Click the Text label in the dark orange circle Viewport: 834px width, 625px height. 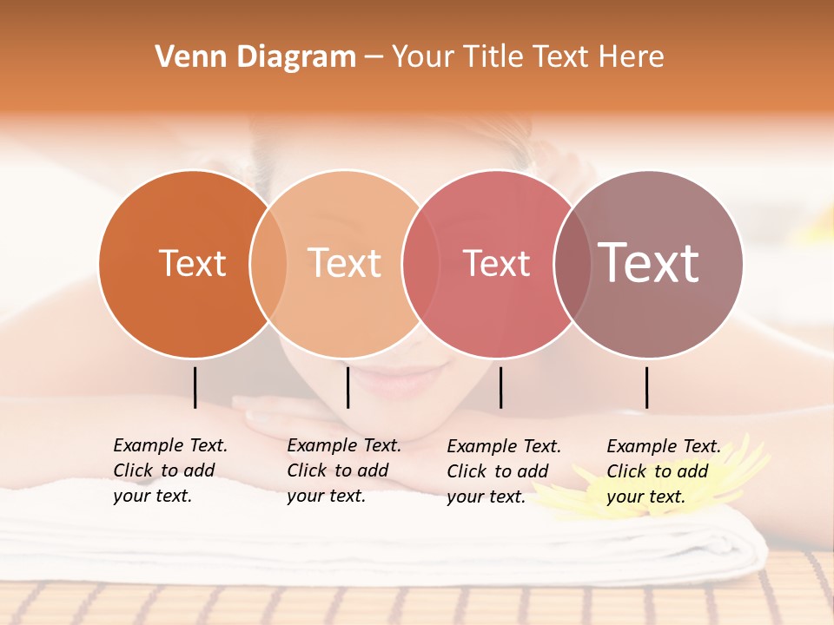tap(192, 263)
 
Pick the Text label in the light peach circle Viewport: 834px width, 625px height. tap(345, 263)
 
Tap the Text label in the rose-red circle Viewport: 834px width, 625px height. tap(496, 263)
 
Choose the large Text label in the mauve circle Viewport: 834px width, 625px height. tap(649, 263)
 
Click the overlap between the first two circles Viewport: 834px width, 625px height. tap(268, 264)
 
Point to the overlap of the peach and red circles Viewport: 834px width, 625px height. tap(420, 264)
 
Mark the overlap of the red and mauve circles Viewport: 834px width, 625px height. tap(572, 264)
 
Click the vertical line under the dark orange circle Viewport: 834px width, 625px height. tap(195, 387)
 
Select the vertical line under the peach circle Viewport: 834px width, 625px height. tap(347, 387)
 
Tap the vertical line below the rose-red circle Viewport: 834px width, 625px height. tap(500, 387)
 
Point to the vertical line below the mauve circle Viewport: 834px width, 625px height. tap(646, 387)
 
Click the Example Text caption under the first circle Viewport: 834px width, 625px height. tap(169, 470)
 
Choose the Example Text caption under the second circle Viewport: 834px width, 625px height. tap(343, 470)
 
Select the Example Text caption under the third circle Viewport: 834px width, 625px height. tap(503, 471)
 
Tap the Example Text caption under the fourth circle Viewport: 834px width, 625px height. tap(663, 471)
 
